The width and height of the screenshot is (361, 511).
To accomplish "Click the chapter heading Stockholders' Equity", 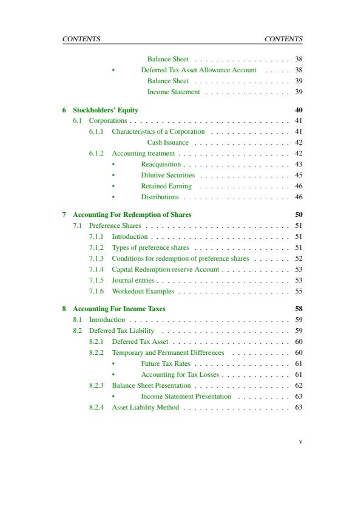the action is coord(106,110).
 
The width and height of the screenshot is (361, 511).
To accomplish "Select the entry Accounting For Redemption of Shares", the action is coord(132,214).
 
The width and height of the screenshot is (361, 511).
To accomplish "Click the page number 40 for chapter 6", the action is coord(298,110).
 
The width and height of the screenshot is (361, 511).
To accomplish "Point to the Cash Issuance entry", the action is coord(168,142).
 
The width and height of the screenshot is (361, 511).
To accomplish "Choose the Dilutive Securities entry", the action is coord(168,175).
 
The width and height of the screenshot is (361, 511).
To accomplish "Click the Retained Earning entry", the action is coord(166,186).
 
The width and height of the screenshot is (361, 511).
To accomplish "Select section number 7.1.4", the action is coord(96,269).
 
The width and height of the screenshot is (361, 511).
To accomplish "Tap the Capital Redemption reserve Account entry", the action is coord(165,269).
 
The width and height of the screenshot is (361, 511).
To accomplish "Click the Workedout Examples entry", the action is coord(143,291).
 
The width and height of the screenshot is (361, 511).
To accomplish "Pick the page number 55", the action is coord(299,291).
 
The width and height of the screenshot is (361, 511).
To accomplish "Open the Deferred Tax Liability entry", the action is coord(121,331).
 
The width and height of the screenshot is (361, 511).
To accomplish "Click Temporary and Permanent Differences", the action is coord(168,352).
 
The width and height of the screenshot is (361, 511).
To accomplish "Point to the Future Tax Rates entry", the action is coord(166,363).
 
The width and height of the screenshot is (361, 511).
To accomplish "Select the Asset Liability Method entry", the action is coord(146,407).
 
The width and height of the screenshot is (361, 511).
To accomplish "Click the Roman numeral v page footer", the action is coord(300,442).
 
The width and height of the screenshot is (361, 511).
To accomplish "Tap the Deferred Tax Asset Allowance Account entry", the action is coord(199,70).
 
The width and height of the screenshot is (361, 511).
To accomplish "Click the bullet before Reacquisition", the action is coord(113,165).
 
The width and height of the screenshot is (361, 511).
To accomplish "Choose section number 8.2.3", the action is coord(96,385).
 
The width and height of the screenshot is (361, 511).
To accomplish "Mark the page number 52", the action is coord(299,258).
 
